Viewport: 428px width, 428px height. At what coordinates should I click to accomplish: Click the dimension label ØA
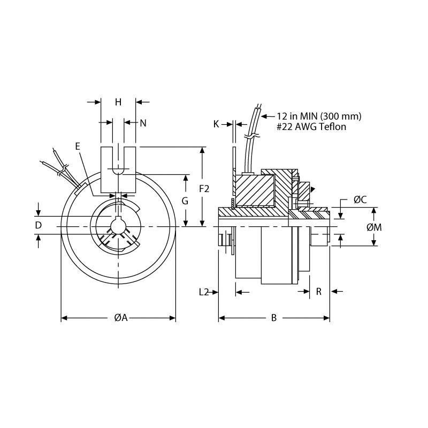tap(120, 318)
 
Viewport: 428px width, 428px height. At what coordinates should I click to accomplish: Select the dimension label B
tap(273, 318)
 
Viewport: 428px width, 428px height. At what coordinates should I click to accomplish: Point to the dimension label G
tap(185, 201)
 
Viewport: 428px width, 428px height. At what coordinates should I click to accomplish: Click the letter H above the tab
tap(118, 102)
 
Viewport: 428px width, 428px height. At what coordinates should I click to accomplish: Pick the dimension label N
tap(143, 123)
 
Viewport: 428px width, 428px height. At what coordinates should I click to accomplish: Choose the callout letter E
tap(78, 146)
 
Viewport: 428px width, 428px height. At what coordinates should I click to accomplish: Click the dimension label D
tap(38, 225)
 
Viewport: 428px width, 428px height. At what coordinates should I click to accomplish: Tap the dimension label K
tap(216, 124)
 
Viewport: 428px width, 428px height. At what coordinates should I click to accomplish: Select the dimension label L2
tap(204, 292)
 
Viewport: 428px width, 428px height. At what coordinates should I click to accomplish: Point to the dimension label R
tap(319, 292)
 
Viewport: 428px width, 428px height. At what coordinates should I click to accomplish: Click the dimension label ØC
tap(360, 200)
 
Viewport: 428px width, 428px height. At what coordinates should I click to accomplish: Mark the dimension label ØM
tap(374, 227)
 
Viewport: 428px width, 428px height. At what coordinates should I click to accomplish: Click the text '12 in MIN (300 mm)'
tap(319, 116)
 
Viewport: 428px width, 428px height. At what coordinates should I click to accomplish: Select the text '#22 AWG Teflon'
tap(311, 127)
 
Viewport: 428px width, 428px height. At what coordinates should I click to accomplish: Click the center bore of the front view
tap(118, 226)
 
